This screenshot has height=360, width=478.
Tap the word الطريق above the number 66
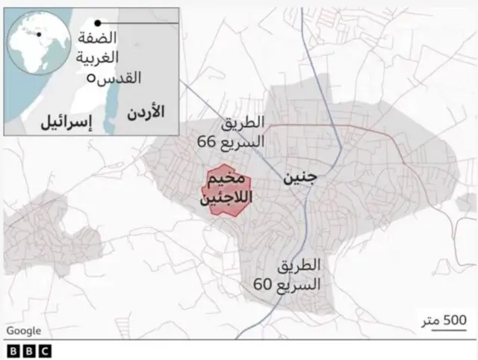243,122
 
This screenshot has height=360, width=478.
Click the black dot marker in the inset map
97,23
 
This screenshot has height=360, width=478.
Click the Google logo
22,330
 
